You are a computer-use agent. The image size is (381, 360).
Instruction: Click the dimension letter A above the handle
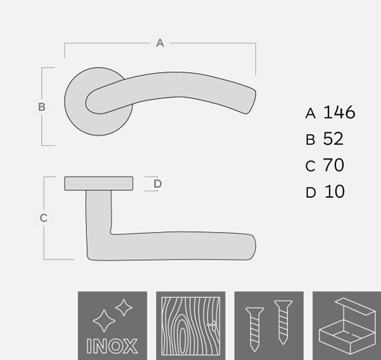tap(160, 43)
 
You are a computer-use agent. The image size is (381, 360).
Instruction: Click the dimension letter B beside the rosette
tap(42, 107)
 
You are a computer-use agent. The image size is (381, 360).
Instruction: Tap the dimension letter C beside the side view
tap(43, 218)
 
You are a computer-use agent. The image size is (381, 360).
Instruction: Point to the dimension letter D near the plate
tap(158, 183)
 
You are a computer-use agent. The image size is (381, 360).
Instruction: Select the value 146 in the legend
tap(339, 112)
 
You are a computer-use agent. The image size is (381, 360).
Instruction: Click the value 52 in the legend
tap(333, 139)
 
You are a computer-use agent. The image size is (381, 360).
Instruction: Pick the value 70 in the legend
tap(334, 165)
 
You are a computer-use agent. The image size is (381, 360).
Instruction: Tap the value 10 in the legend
tap(335, 191)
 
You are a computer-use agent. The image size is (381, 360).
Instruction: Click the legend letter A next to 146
tap(310, 113)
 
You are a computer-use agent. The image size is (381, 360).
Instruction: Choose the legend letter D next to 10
tap(311, 193)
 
